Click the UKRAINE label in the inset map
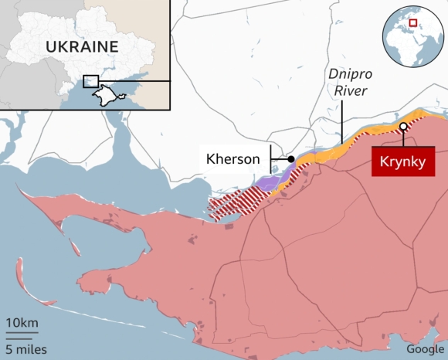81,46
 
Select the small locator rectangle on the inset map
90,81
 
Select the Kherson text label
232,159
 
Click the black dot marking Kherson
291,159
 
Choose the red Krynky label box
402,162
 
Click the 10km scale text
21,322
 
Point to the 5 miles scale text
26,349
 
